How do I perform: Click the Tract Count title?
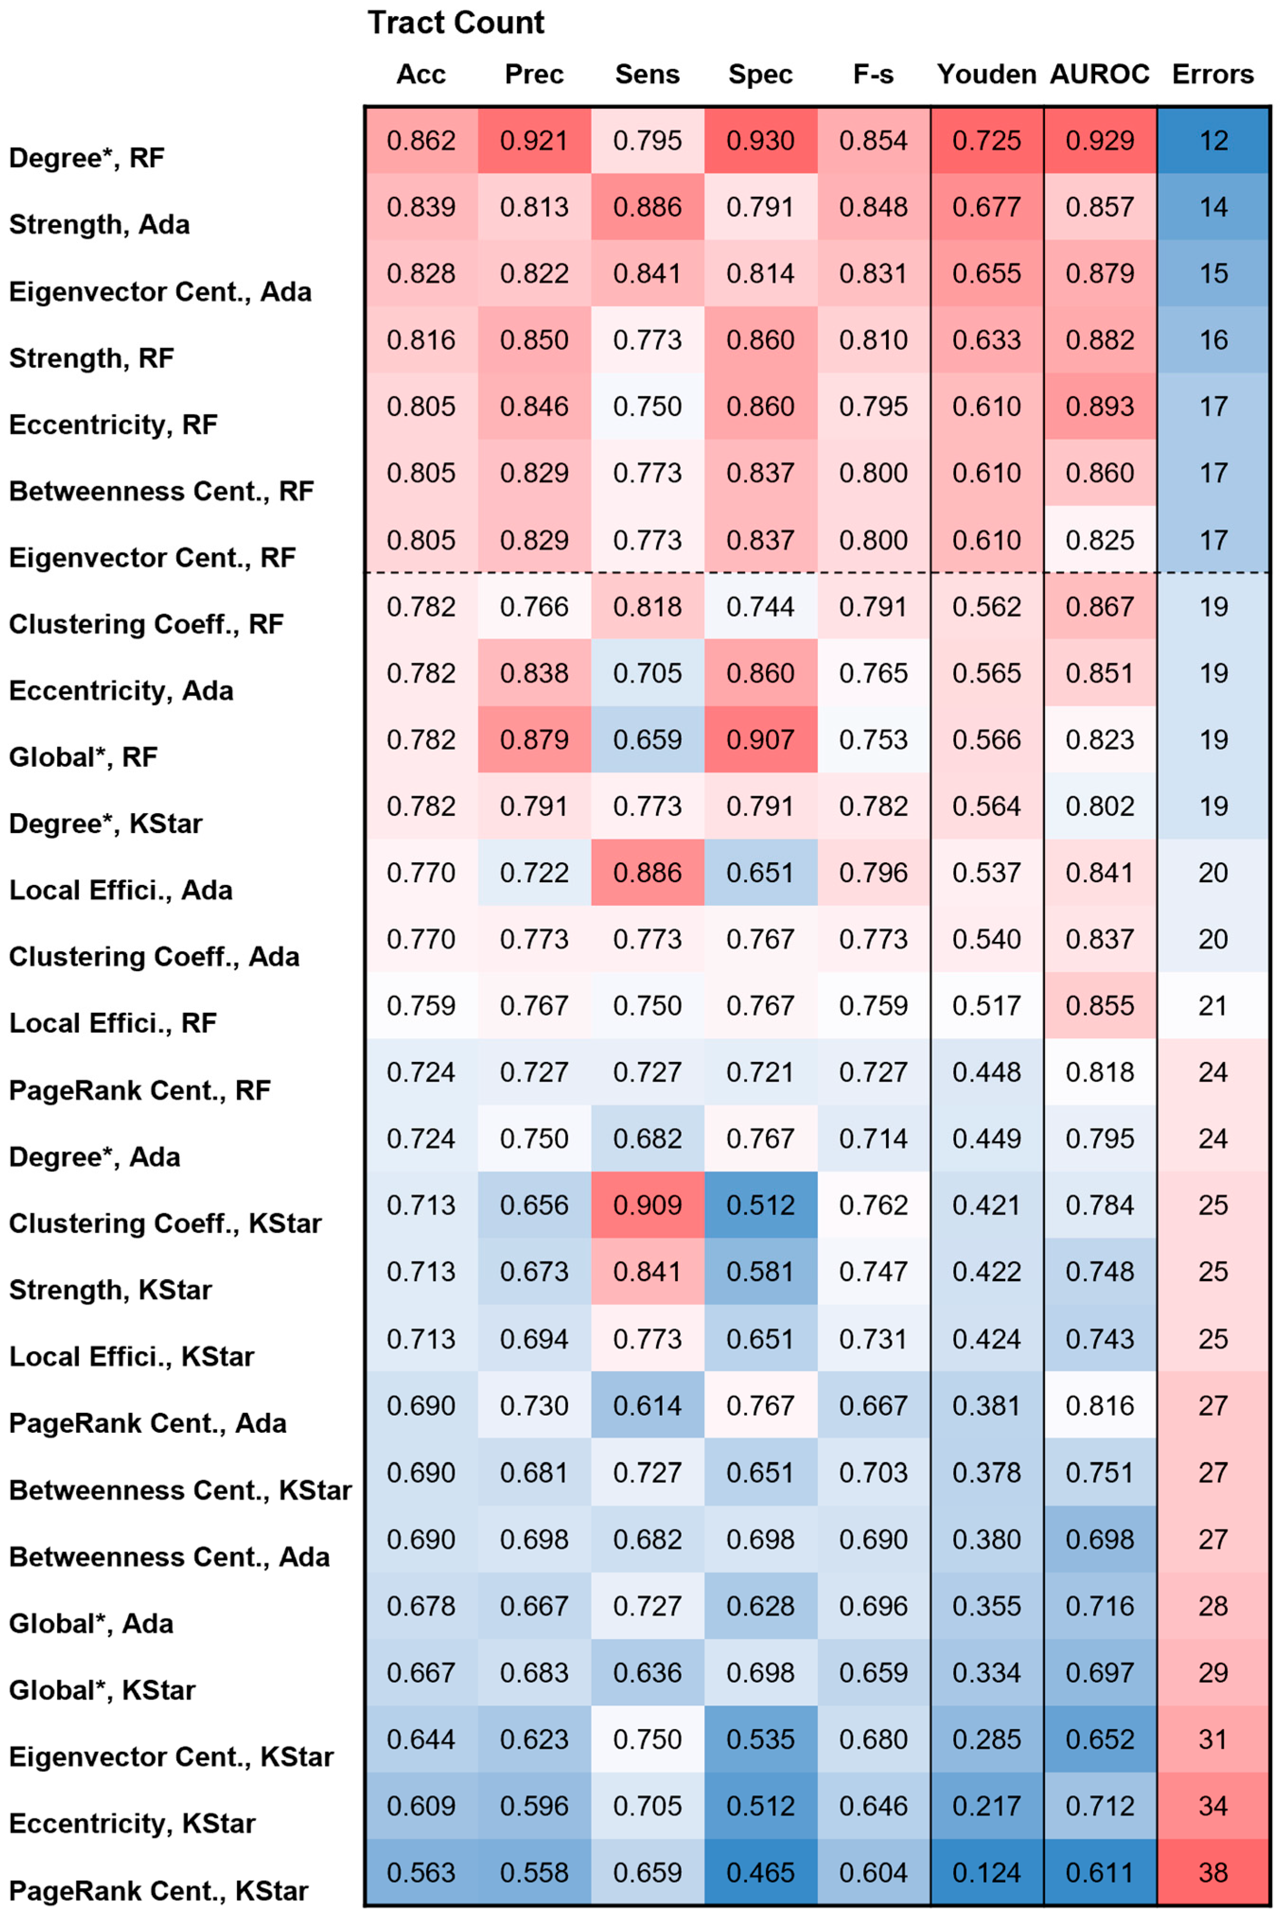(x=456, y=23)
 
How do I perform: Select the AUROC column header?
(x=1100, y=74)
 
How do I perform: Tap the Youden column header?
(x=987, y=74)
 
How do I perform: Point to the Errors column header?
(x=1212, y=74)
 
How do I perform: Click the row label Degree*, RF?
(x=87, y=158)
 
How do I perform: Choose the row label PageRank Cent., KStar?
(x=158, y=1891)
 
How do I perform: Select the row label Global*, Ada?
(x=91, y=1623)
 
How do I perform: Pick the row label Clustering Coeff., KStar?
(x=165, y=1224)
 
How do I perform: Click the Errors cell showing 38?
(x=1213, y=1873)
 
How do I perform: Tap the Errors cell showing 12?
(x=1213, y=140)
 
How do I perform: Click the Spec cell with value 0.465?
(x=760, y=1873)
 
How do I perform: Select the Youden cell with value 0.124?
(x=987, y=1873)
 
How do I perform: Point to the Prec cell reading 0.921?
(x=535, y=140)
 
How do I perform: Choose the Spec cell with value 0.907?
(x=760, y=740)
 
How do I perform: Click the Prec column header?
(x=534, y=74)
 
